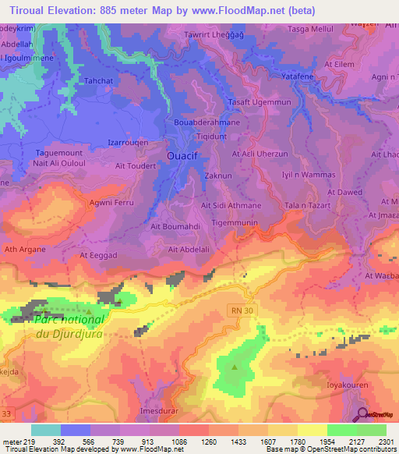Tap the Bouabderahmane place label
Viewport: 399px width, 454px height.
[x=200, y=122]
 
